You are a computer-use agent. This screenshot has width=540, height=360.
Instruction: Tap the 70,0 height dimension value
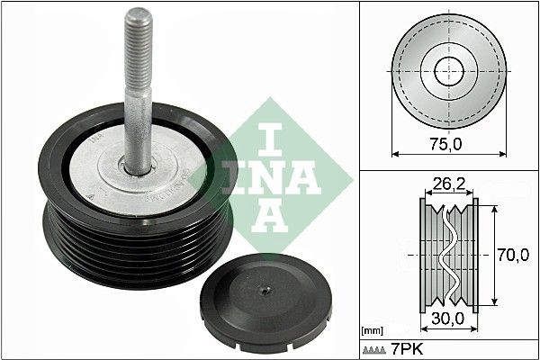coord(512,256)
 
